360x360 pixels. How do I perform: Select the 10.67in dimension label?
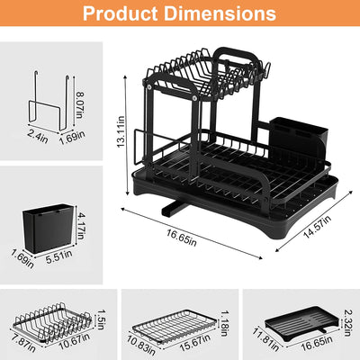click(72, 343)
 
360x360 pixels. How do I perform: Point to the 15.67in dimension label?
click(193, 343)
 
